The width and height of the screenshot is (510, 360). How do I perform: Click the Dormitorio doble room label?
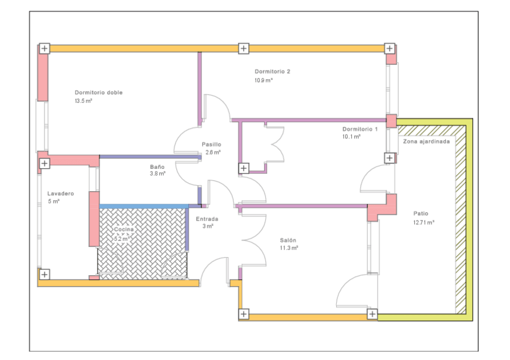pyautogui.click(x=99, y=93)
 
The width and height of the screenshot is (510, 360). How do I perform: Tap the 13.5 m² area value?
pyautogui.click(x=83, y=101)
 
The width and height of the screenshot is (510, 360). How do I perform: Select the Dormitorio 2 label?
pyautogui.click(x=272, y=72)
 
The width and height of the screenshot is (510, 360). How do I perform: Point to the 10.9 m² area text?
pyautogui.click(x=263, y=80)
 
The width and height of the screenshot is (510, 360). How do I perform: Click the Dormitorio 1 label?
pyautogui.click(x=360, y=129)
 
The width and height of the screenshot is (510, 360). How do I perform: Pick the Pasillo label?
pyautogui.click(x=212, y=144)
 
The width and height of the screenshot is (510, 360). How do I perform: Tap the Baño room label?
pyautogui.click(x=156, y=166)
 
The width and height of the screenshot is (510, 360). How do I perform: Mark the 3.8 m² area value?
pyautogui.click(x=158, y=174)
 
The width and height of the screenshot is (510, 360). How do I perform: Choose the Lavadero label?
pyautogui.click(x=60, y=194)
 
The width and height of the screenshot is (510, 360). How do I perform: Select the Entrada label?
pyautogui.click(x=207, y=219)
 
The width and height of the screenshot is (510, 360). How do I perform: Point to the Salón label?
pyautogui.click(x=289, y=240)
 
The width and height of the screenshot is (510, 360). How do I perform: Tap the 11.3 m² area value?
pyautogui.click(x=289, y=248)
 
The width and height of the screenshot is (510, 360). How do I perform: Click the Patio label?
pyautogui.click(x=421, y=213)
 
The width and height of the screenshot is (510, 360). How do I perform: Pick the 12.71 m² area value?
pyautogui.click(x=423, y=222)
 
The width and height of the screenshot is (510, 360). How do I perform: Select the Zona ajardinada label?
pyautogui.click(x=425, y=143)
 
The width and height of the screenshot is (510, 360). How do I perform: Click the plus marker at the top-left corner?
pyautogui.click(x=44, y=48)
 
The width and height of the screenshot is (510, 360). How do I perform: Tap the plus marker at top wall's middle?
pyautogui.click(x=243, y=48)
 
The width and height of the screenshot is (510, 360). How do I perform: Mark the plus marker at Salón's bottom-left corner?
pyautogui.click(x=244, y=314)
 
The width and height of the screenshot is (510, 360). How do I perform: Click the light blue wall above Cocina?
pyautogui.click(x=143, y=206)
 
